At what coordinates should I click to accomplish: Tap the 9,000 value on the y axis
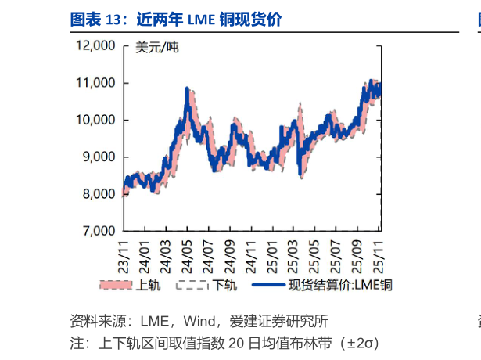click(x=98, y=157)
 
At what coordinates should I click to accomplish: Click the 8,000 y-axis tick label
click(x=98, y=194)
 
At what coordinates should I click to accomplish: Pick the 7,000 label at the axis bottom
click(x=98, y=231)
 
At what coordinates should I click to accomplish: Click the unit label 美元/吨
click(x=156, y=48)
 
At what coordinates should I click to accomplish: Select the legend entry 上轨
click(x=148, y=285)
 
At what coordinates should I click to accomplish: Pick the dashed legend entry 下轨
click(x=224, y=285)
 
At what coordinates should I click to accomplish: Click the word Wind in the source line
click(x=204, y=321)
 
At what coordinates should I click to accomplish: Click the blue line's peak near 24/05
click(x=187, y=88)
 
